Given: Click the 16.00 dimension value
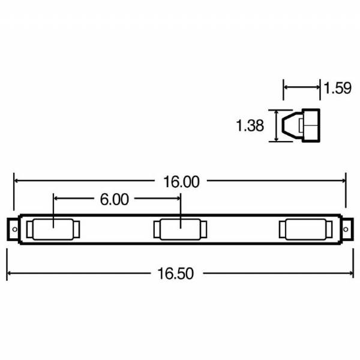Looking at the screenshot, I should coord(180,181).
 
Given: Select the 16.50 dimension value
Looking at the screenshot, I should coord(179,274).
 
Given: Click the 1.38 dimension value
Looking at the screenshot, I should coord(250,126).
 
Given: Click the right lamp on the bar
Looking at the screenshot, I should coord(305,230).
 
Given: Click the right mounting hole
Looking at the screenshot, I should coord(346,230).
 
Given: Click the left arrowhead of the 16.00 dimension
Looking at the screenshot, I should coord(17,180).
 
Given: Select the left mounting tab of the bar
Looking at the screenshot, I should coord(13,230).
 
